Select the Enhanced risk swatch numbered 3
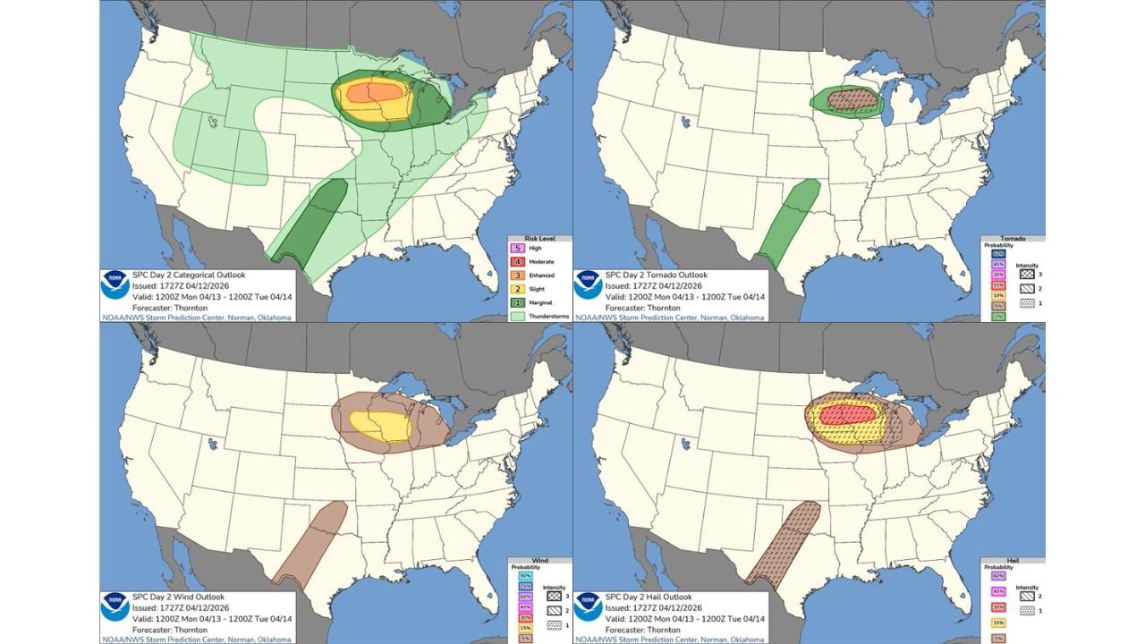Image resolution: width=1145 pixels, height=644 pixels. pyautogui.click(x=514, y=275)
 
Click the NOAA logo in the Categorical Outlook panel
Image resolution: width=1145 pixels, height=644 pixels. pyautogui.click(x=114, y=284)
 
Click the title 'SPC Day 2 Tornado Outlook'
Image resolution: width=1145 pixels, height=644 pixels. pyautogui.click(x=656, y=275)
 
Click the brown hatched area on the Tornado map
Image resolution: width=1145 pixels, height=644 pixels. pyautogui.click(x=845, y=98)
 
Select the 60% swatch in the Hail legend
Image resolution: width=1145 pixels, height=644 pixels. pyautogui.click(x=998, y=576)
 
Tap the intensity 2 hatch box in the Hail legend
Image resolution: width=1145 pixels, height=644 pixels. pyautogui.click(x=1026, y=595)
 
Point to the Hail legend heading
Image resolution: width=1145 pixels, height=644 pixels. pyautogui.click(x=1012, y=560)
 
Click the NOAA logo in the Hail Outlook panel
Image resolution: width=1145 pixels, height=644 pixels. pyautogui.click(x=587, y=606)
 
